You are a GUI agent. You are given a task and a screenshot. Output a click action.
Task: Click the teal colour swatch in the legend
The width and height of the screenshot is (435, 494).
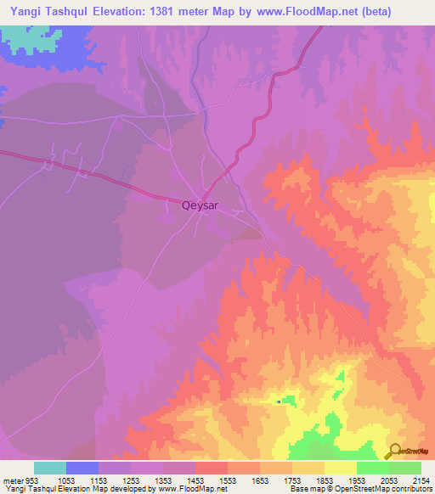coord(50,468)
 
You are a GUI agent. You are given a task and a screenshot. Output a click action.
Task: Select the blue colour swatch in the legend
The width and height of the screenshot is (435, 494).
coord(82,468)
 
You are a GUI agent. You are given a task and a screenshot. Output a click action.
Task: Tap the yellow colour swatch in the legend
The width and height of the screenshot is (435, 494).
coord(340,468)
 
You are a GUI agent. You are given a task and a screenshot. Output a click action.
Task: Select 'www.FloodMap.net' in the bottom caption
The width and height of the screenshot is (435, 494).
coord(184,489)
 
